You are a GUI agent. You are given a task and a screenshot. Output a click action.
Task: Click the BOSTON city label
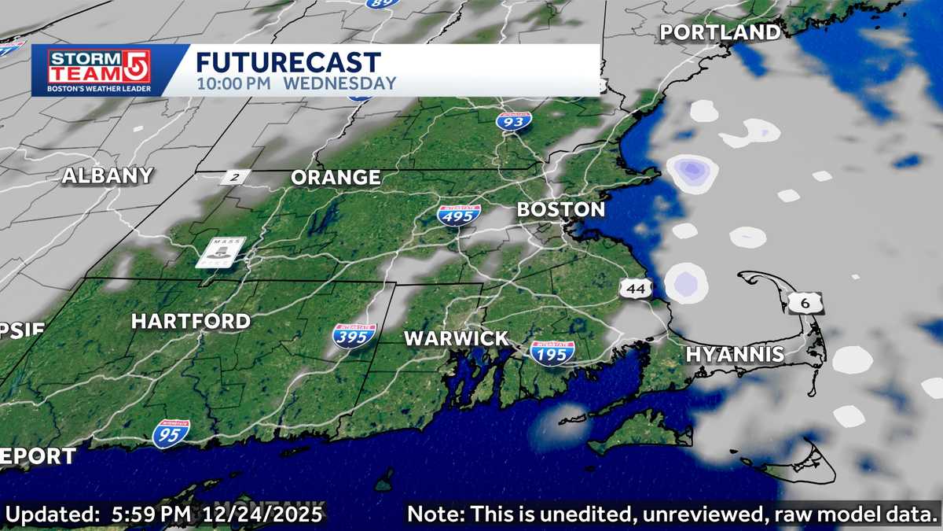[560, 210]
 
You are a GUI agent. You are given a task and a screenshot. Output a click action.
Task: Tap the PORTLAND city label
[720, 32]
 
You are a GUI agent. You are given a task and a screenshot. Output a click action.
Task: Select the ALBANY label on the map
[107, 175]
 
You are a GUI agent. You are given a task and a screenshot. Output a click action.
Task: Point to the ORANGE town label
[336, 178]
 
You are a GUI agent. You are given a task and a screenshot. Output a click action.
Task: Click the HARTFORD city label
[190, 321]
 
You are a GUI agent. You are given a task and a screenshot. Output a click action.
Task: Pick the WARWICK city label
[456, 339]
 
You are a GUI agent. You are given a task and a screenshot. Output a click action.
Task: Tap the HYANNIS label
[735, 355]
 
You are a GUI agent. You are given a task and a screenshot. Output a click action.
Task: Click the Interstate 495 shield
[459, 215]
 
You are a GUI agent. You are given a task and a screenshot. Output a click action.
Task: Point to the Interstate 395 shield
[354, 336]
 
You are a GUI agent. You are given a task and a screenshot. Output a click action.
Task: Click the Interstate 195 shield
[552, 353]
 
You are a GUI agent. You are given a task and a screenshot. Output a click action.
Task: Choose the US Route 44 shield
[636, 289]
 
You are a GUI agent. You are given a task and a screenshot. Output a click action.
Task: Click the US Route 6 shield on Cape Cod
[808, 301]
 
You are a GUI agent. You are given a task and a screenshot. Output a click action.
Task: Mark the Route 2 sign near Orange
[233, 177]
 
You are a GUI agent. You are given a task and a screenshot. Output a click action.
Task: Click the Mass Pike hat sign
[220, 252]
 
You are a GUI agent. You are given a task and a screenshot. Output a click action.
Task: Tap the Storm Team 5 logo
[99, 70]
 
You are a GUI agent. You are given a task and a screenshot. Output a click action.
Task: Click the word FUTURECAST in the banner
[288, 62]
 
